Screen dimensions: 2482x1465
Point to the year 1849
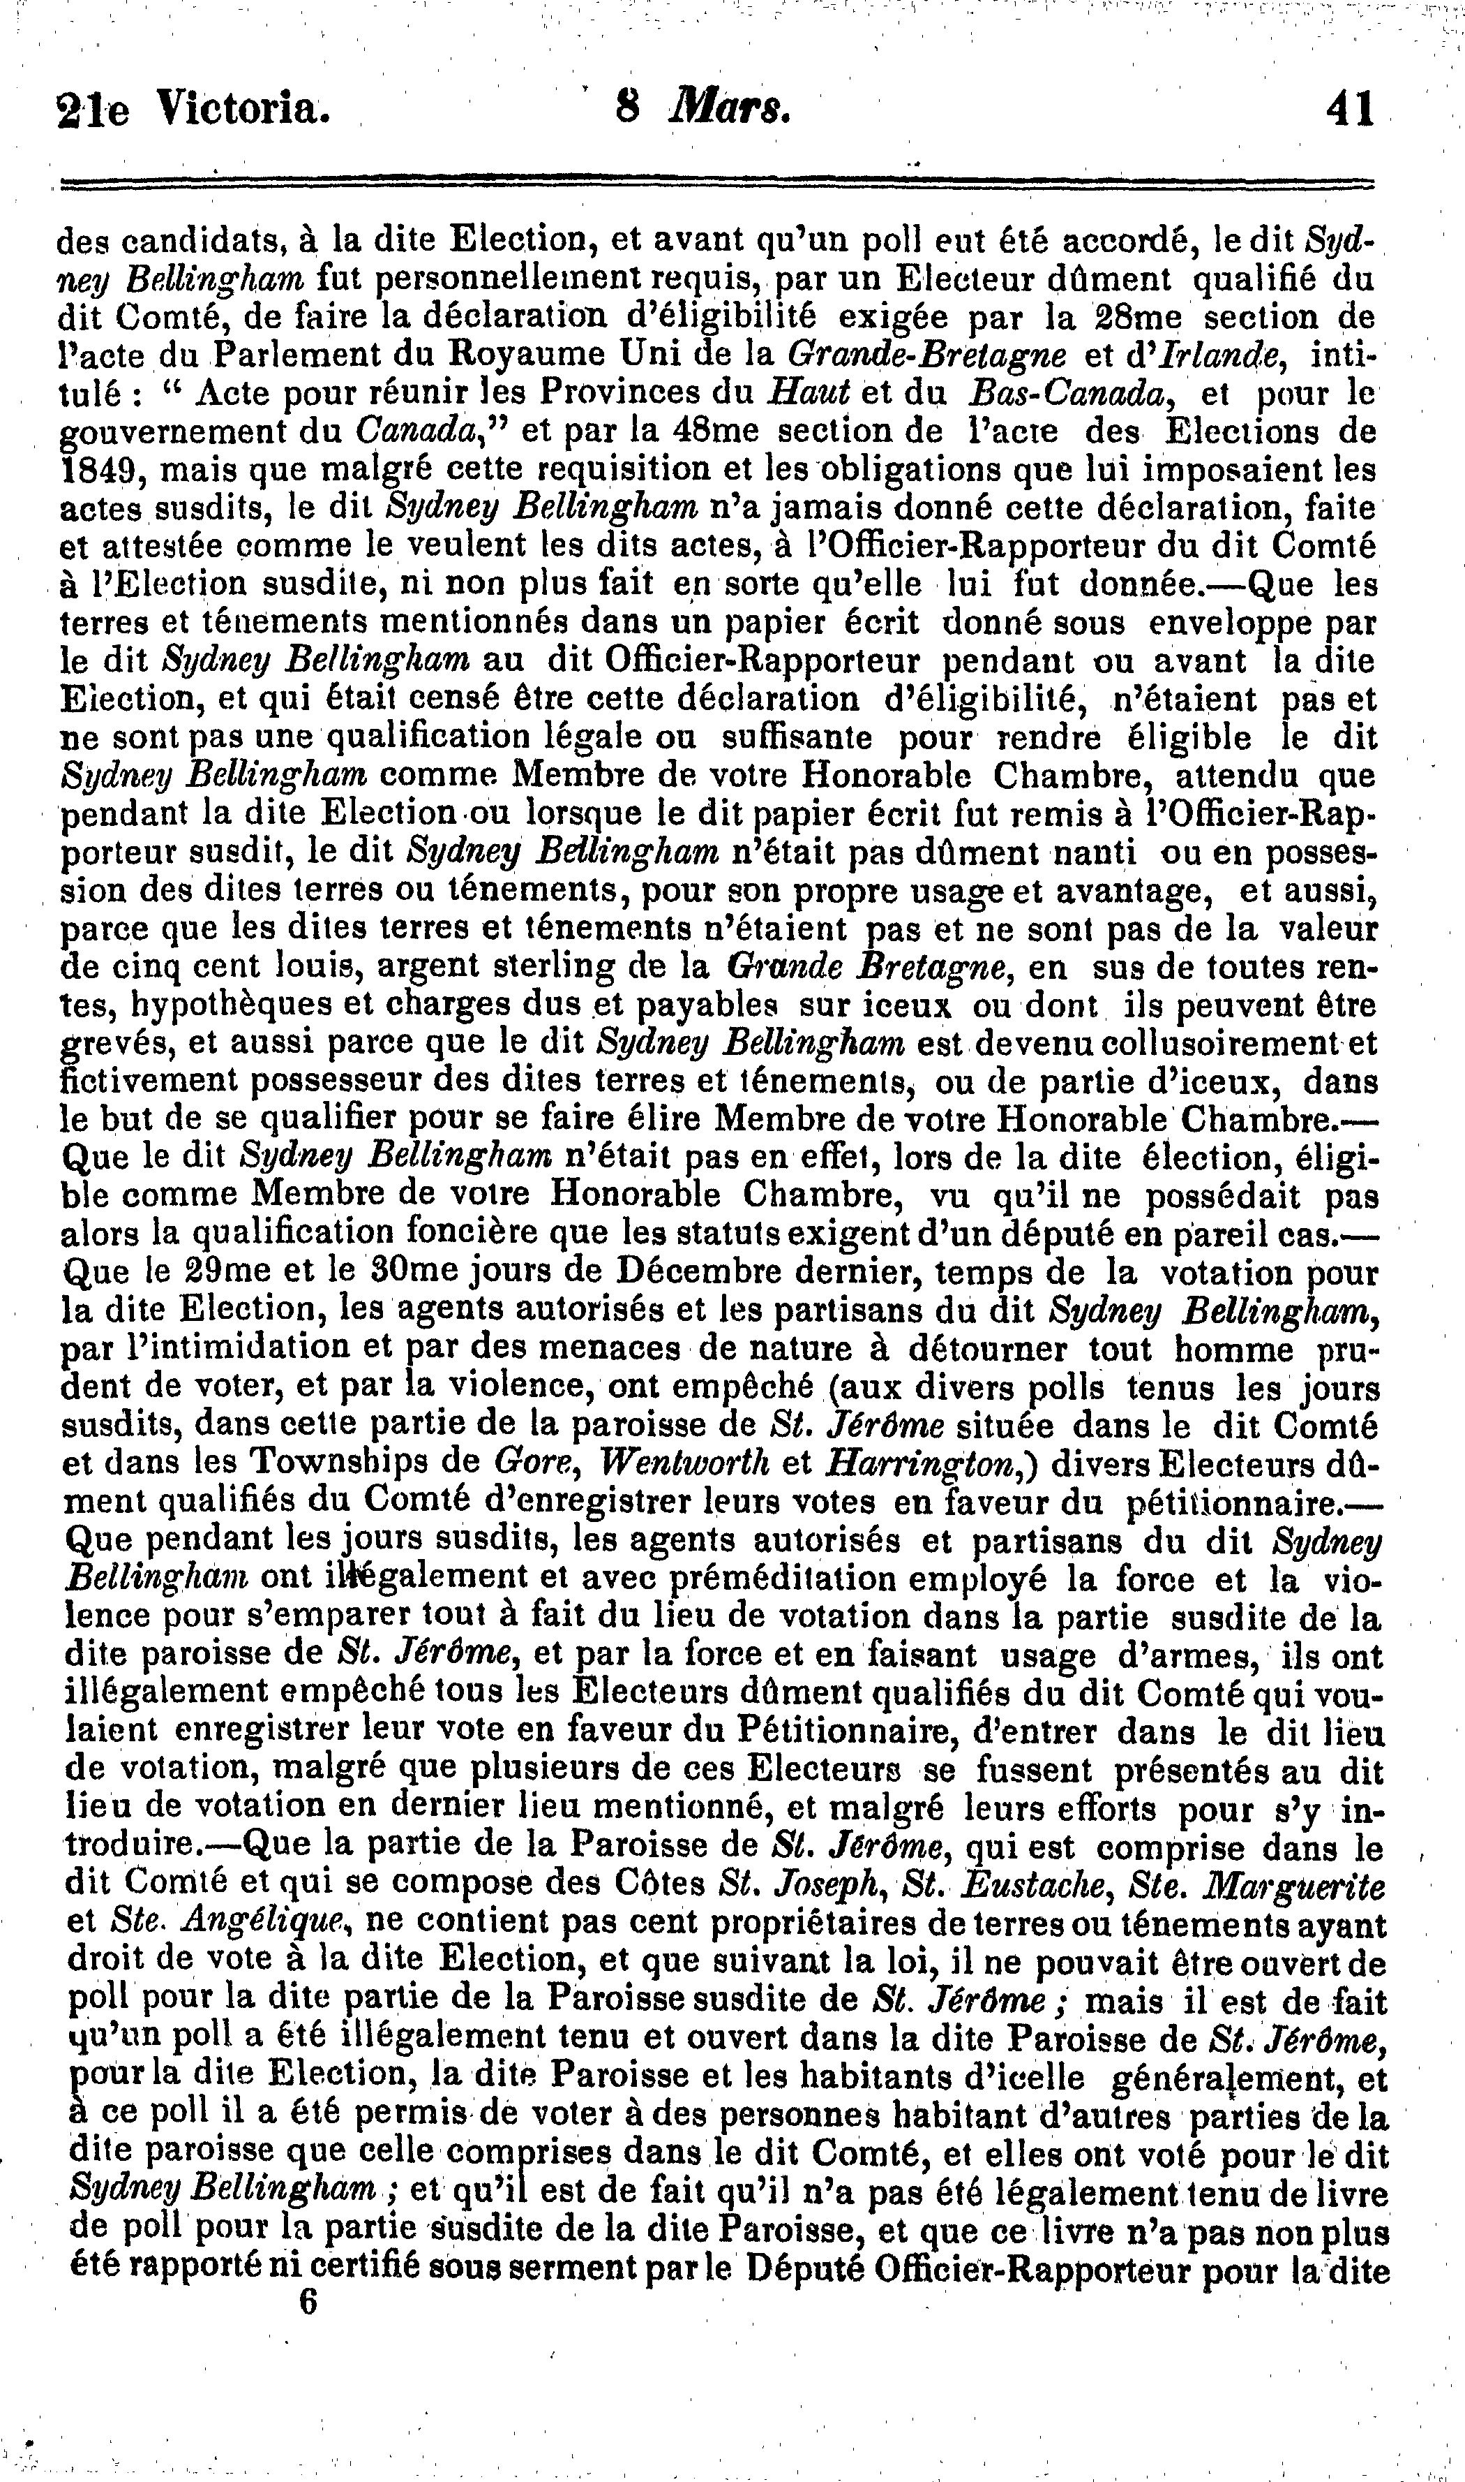(96, 470)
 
